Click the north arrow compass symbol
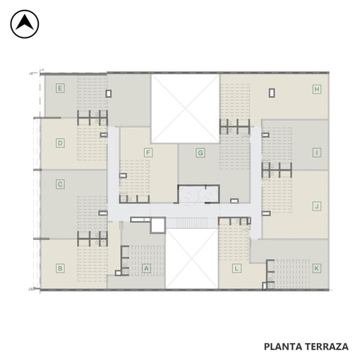pos(25,24)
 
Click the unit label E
pos(60,88)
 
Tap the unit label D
pos(60,143)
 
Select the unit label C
pos(60,184)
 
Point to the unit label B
pos(60,268)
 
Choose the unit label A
pos(146,268)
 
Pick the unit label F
pos(148,152)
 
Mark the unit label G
pos(200,152)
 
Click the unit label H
pos(317,89)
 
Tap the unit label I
pos(317,152)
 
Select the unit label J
pos(317,206)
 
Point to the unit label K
pos(317,268)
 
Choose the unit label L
pos(236,268)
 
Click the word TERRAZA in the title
pos(327,347)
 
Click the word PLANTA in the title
pos(283,347)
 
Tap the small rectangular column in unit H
pos(272,93)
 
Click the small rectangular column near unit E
pos(108,93)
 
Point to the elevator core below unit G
pos(198,194)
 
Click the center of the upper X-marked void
pos(186,109)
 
